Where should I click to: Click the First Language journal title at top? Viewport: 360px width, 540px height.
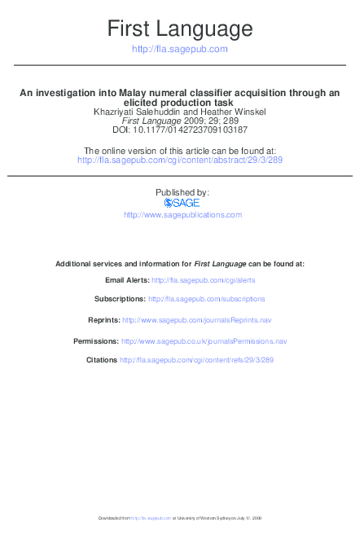(180, 29)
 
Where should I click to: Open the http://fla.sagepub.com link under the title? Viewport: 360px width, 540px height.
(180, 49)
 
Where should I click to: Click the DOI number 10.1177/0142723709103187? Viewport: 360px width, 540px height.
(192, 129)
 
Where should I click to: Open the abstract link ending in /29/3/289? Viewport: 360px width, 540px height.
(180, 160)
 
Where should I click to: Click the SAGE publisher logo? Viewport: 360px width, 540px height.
(182, 203)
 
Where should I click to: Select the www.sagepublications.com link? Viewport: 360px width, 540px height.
(182, 215)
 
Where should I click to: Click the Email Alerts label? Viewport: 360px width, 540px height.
(126, 279)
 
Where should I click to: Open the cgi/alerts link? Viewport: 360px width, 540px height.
(203, 279)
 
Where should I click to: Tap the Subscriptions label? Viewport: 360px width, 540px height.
(120, 299)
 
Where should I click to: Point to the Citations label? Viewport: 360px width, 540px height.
(102, 359)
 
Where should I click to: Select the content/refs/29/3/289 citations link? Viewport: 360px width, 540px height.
(197, 359)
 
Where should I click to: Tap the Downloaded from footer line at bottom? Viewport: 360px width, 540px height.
(180, 517)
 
